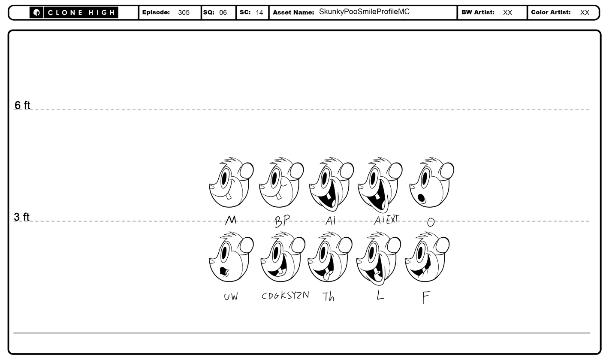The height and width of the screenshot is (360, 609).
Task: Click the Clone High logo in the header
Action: (74, 13)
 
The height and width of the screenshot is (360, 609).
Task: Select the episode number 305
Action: (184, 13)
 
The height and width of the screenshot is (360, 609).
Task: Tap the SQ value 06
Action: (223, 13)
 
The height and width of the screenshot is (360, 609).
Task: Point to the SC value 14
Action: (259, 13)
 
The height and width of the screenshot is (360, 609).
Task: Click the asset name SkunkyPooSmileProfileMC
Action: (364, 12)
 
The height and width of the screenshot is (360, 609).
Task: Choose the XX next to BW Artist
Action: (507, 13)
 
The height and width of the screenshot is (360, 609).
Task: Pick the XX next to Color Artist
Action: (585, 13)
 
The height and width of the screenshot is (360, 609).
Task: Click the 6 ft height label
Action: (22, 105)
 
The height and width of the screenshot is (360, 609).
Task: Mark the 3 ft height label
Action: (22, 217)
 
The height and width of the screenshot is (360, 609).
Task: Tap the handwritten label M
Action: (231, 220)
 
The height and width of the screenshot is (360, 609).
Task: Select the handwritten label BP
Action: (282, 221)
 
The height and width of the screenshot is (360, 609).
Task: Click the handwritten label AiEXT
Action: (386, 220)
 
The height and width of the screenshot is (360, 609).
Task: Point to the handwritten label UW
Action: (230, 297)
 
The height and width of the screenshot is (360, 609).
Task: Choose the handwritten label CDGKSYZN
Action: (285, 296)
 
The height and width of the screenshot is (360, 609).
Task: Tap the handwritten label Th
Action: (329, 297)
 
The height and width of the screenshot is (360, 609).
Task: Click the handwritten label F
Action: (425, 297)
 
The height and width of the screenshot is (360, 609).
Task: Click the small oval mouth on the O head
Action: (421, 198)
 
